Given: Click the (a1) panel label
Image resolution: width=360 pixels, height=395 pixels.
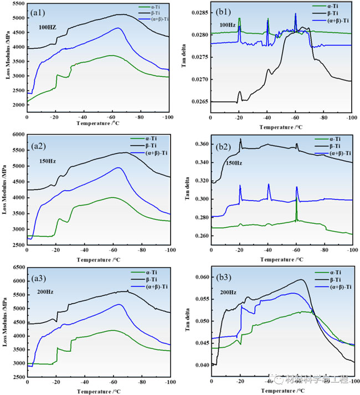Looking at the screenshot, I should click(41, 12).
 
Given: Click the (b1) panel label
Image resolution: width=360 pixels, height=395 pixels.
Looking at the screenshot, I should click(224, 12).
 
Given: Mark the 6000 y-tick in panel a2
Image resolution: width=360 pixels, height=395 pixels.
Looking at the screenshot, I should click(18, 135).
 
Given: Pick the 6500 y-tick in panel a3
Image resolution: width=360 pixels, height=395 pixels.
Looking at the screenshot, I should click(18, 267).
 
